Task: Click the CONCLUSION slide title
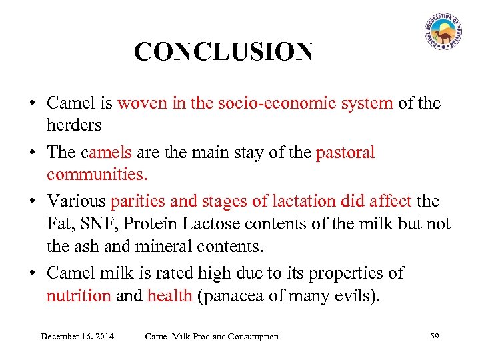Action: coord(223,52)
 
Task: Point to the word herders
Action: coord(74,125)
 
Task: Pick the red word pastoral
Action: coord(345,153)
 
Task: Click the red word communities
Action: coord(97,175)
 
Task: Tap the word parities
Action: coord(136,201)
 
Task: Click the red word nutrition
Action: coord(79,295)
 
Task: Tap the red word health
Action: coord(170,295)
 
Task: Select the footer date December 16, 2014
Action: coord(77,337)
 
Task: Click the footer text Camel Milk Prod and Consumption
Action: coord(212,337)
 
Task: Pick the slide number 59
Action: coord(435,337)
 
